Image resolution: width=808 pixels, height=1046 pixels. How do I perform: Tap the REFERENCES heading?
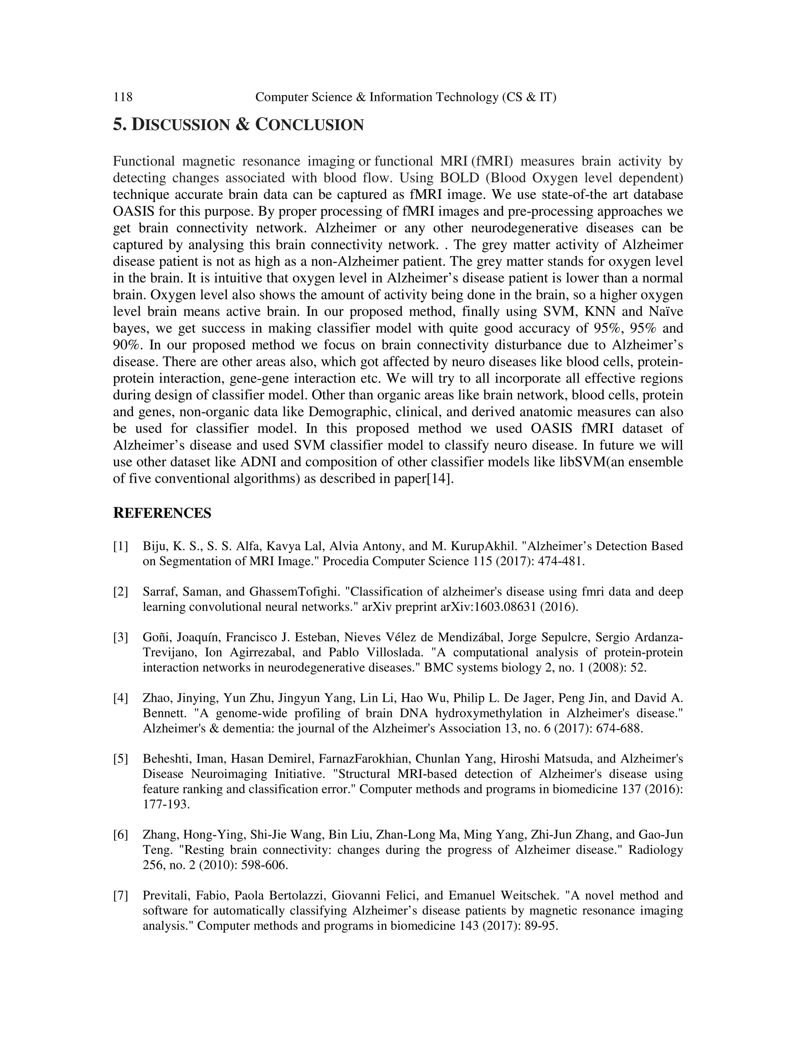point(162,514)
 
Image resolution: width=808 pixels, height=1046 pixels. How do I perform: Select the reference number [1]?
point(121,546)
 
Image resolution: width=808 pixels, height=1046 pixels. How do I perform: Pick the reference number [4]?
point(121,698)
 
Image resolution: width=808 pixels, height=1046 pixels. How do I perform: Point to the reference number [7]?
point(121,896)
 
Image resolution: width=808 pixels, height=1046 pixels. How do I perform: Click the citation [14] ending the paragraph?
point(439,479)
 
